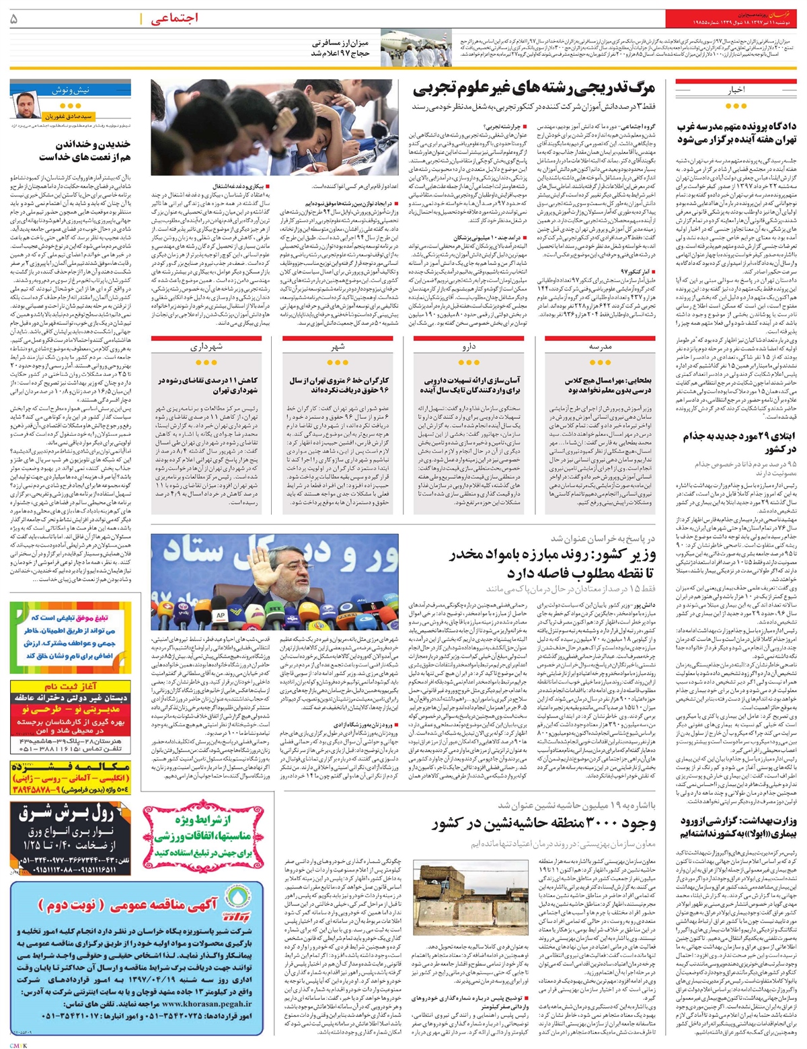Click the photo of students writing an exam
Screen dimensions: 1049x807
(277, 130)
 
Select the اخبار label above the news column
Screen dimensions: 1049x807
(734, 89)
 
